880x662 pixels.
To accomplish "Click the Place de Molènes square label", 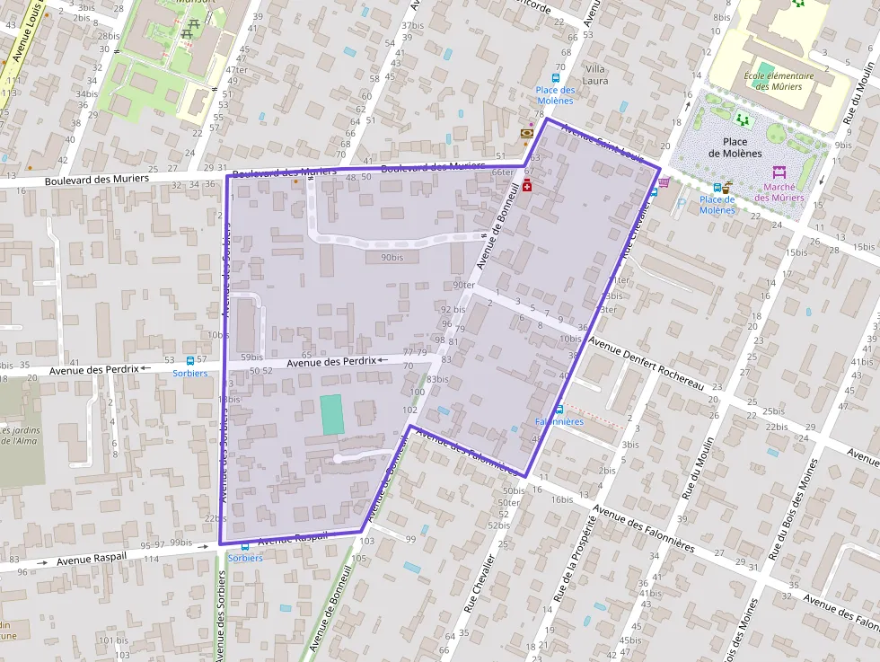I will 735,147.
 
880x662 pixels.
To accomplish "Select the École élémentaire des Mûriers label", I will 779,81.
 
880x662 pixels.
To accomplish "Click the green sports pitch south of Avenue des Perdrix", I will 332,414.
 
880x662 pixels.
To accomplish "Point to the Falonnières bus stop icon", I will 559,410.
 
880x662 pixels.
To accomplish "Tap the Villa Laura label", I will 596,75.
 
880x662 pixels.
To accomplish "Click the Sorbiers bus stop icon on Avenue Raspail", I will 245,545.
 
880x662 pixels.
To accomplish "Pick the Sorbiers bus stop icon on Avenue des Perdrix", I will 189,360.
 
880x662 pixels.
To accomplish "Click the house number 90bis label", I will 392,258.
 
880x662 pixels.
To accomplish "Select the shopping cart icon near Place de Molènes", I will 664,181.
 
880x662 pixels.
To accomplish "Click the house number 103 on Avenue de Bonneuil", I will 366,541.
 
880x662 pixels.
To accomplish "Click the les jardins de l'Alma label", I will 21,436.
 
